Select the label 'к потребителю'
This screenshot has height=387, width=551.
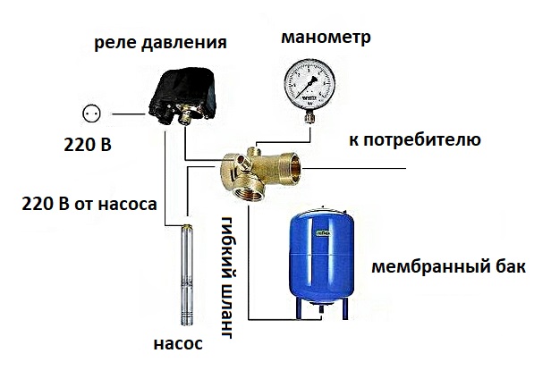click(x=416, y=140)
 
